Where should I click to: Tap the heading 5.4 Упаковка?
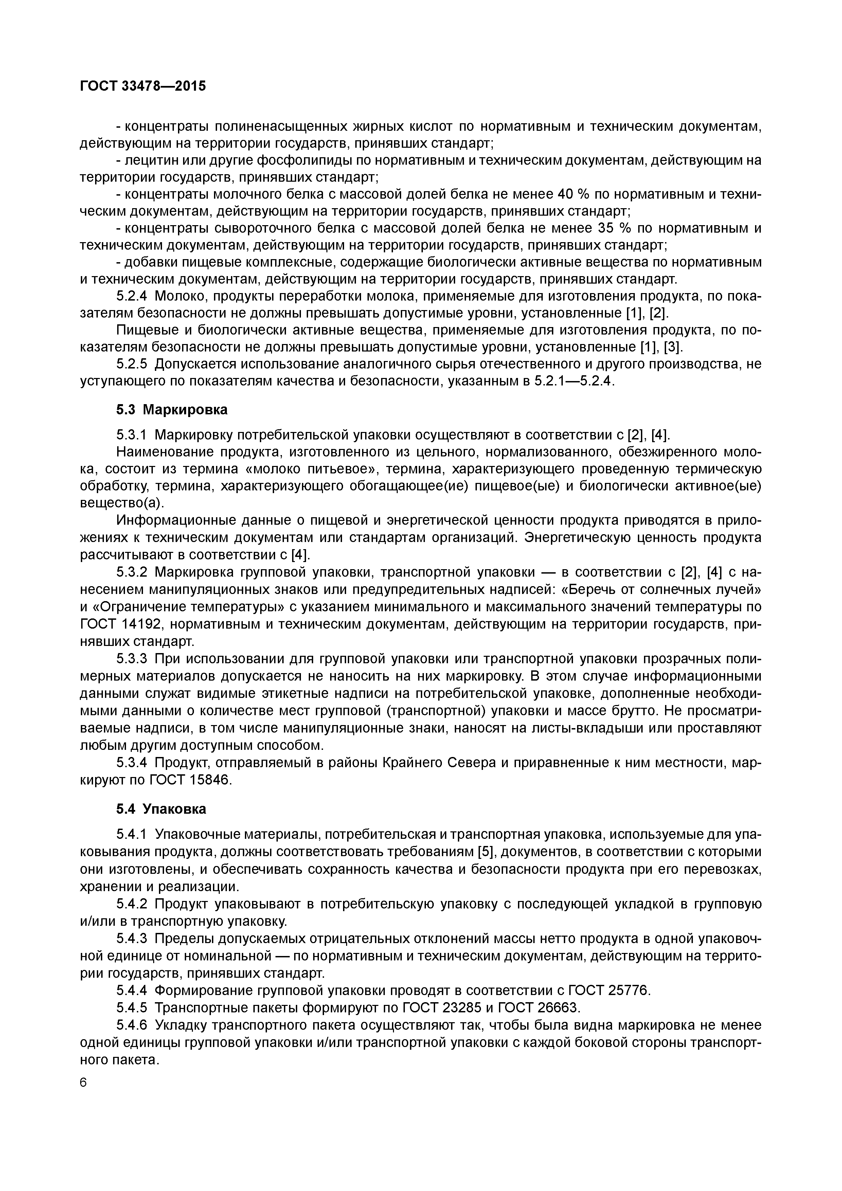pos(161,809)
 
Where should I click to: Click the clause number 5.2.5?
pos(132,364)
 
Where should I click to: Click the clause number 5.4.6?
pos(132,1025)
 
